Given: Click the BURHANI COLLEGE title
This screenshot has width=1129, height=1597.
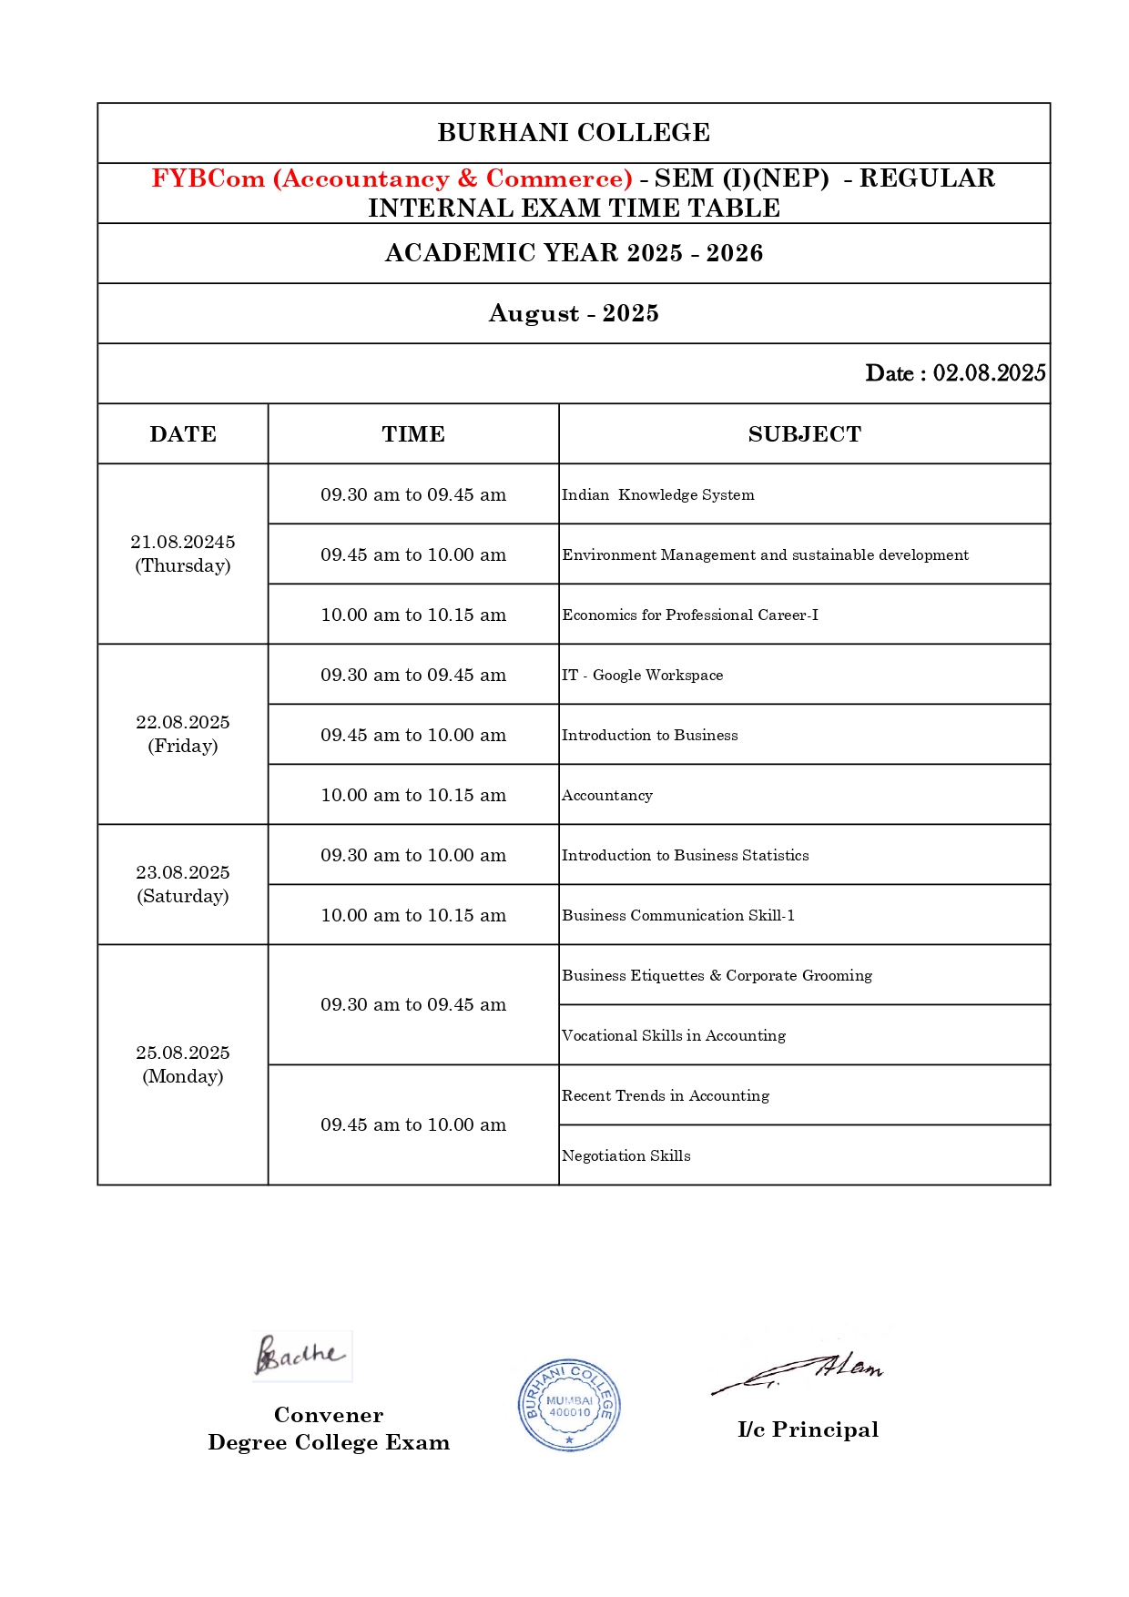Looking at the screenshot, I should pyautogui.click(x=574, y=133).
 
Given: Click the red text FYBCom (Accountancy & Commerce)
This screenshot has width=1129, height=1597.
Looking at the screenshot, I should pyautogui.click(x=392, y=178).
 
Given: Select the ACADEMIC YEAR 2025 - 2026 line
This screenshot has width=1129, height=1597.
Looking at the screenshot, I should pyautogui.click(x=574, y=253).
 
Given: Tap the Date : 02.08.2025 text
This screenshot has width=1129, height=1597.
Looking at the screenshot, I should pyautogui.click(x=955, y=373).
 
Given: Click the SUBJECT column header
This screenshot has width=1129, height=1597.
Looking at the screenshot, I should pyautogui.click(x=804, y=434).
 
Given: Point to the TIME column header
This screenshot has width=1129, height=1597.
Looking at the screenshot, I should pyautogui.click(x=413, y=434).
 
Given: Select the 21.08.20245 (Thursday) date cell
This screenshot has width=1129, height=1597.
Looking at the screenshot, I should pyautogui.click(x=183, y=554).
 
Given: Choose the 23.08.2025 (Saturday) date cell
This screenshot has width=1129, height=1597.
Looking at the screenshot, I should pyautogui.click(x=183, y=884).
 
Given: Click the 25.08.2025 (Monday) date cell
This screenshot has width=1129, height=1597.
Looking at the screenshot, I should pyautogui.click(x=183, y=1064).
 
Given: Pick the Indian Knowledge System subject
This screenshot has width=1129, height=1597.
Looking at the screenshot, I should pyautogui.click(x=658, y=494).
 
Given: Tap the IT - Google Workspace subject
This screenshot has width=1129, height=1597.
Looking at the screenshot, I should pyautogui.click(x=643, y=675).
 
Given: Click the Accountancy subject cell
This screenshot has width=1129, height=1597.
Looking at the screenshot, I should pyautogui.click(x=607, y=795).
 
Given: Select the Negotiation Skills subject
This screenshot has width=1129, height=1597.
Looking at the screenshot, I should pyautogui.click(x=626, y=1155).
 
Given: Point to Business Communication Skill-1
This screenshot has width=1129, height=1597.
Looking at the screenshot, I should pyautogui.click(x=678, y=915).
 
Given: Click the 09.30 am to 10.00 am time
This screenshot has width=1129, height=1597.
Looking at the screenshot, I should pyautogui.click(x=413, y=855).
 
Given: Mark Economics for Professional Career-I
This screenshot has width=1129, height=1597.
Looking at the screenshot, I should pyautogui.click(x=690, y=615).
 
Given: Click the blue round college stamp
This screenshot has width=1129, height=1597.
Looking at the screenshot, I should pyautogui.click(x=569, y=1405).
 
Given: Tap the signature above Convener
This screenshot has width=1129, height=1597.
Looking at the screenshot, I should pyautogui.click(x=301, y=1356).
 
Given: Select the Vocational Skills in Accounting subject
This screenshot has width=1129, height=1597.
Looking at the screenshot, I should pyautogui.click(x=674, y=1035).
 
